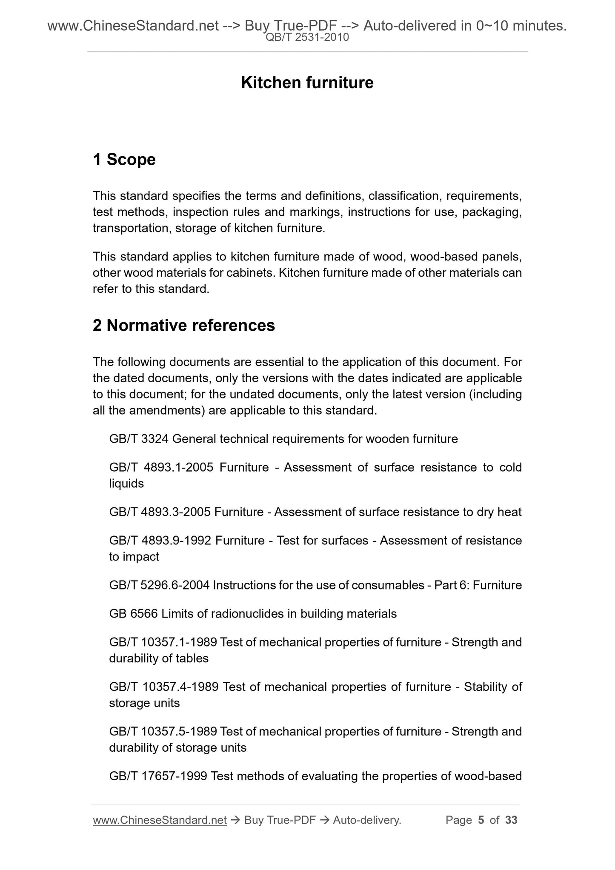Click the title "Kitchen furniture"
pos(307,83)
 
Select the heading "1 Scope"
pos(124,160)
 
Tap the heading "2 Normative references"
pos(183,325)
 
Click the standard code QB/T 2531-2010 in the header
pos(307,37)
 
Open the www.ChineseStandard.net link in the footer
pos(159,820)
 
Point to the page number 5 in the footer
pos(481,820)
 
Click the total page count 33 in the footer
pos(511,820)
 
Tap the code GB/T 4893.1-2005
pos(161,467)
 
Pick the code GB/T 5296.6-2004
pos(159,585)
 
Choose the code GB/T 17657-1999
pos(158,776)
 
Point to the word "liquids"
pos(126,484)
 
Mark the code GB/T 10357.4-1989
pos(164,687)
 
